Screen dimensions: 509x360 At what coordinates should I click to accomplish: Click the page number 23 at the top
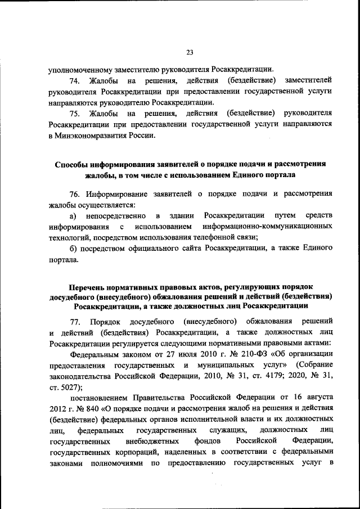189,53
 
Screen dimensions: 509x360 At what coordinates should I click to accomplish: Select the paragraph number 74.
74,82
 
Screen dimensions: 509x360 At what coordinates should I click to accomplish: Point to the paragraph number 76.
74,194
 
